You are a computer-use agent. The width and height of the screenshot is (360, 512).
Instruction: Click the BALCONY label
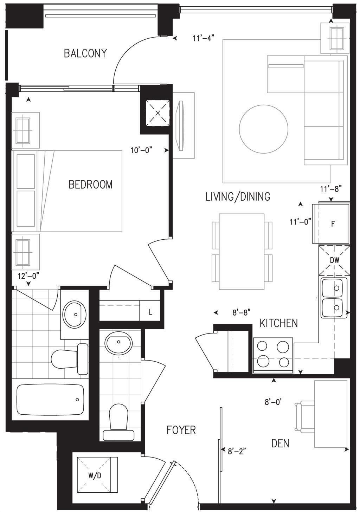[85, 53]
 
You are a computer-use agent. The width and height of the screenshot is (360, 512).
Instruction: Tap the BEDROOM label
[91, 184]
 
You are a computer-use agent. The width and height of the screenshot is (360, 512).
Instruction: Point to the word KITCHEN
[278, 323]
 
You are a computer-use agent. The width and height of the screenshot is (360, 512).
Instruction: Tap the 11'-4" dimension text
[203, 38]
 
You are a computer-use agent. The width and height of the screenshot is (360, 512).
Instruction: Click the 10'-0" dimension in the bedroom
[141, 150]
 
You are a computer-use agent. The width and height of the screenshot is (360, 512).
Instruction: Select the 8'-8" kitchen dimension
[242, 312]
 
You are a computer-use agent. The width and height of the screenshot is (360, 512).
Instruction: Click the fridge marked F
[331, 223]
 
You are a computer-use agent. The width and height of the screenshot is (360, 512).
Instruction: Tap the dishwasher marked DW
[334, 260]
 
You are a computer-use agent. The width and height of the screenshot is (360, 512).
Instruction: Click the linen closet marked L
[150, 312]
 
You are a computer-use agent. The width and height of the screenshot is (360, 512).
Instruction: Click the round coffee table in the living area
[263, 129]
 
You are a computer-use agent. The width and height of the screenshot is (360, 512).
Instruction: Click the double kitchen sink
[334, 298]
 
